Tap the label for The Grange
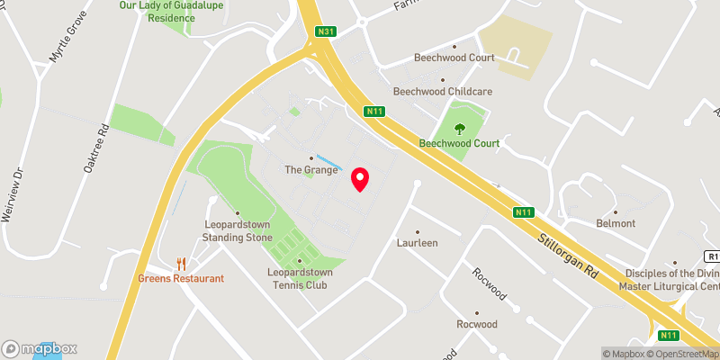click(x=310, y=169)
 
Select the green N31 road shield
click(x=326, y=33)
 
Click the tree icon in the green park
click(x=461, y=128)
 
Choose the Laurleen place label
click(x=417, y=243)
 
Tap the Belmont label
click(x=616, y=223)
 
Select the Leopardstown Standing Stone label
click(x=237, y=231)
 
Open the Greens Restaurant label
click(x=180, y=278)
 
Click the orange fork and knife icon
click(x=181, y=264)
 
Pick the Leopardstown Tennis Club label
click(x=298, y=278)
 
